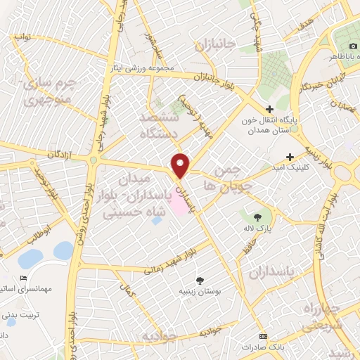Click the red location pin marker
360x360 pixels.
pyautogui.click(x=181, y=166)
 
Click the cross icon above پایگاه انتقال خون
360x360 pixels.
pyautogui.click(x=269, y=109)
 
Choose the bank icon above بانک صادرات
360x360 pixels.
pyautogui.click(x=264, y=336)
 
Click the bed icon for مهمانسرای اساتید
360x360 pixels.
pyautogui.click(x=25, y=279)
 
